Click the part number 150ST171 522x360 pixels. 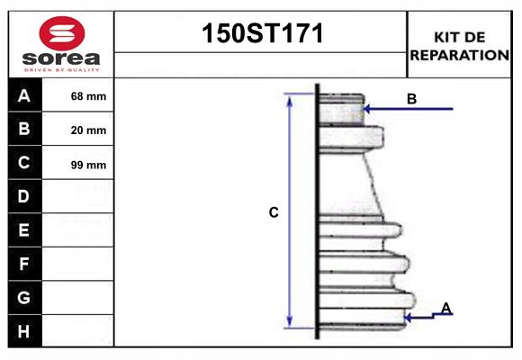tap(261, 34)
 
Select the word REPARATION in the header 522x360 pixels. tap(460, 54)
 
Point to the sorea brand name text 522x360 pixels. tap(60, 58)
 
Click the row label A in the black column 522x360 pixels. tap(24, 95)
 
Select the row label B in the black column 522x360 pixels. tap(24, 130)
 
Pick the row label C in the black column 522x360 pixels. tap(24, 163)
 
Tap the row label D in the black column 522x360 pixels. tap(24, 196)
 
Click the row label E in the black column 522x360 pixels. tap(24, 230)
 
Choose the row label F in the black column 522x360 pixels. tap(24, 264)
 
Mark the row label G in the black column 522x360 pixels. tap(24, 297)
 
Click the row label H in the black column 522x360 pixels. tap(24, 331)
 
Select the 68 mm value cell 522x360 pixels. tap(88, 96)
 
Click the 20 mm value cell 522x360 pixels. tap(88, 130)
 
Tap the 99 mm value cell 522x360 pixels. tap(88, 165)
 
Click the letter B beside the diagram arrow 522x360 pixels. tap(411, 99)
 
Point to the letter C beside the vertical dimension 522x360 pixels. tap(274, 213)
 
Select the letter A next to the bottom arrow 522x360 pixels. tap(445, 309)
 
